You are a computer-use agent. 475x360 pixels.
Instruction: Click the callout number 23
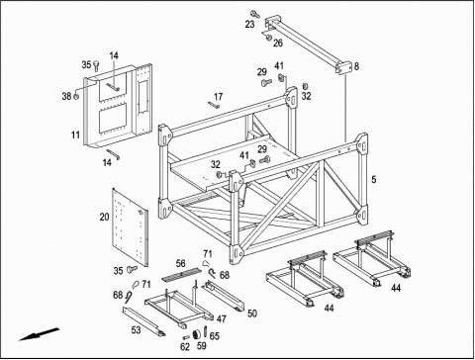[249, 24]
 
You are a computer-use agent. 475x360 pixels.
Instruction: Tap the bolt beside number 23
[255, 14]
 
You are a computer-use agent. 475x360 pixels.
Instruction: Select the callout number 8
[356, 66]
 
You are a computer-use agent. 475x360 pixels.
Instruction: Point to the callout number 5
[374, 180]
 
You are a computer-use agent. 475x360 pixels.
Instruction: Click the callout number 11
[75, 135]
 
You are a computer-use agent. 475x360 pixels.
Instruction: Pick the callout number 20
[104, 217]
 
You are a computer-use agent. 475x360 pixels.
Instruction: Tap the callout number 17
[218, 97]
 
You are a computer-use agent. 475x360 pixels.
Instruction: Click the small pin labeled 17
[214, 105]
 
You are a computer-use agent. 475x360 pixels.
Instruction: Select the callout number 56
[181, 263]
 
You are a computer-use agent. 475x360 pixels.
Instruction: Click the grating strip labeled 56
[182, 275]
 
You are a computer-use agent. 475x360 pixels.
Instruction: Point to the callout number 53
[136, 329]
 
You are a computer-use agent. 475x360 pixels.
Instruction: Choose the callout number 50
[252, 314]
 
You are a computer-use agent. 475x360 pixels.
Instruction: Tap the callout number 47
[222, 318]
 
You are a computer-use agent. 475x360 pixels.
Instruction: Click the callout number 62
[185, 347]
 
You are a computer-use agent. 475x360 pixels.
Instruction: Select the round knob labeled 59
[196, 334]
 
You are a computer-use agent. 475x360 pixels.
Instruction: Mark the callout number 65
[215, 336]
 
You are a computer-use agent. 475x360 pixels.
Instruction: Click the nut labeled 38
[76, 97]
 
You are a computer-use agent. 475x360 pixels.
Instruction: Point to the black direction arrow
[39, 334]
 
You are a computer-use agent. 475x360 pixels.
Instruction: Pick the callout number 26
[278, 43]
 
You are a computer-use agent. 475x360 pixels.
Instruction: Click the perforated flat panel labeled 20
[130, 227]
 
